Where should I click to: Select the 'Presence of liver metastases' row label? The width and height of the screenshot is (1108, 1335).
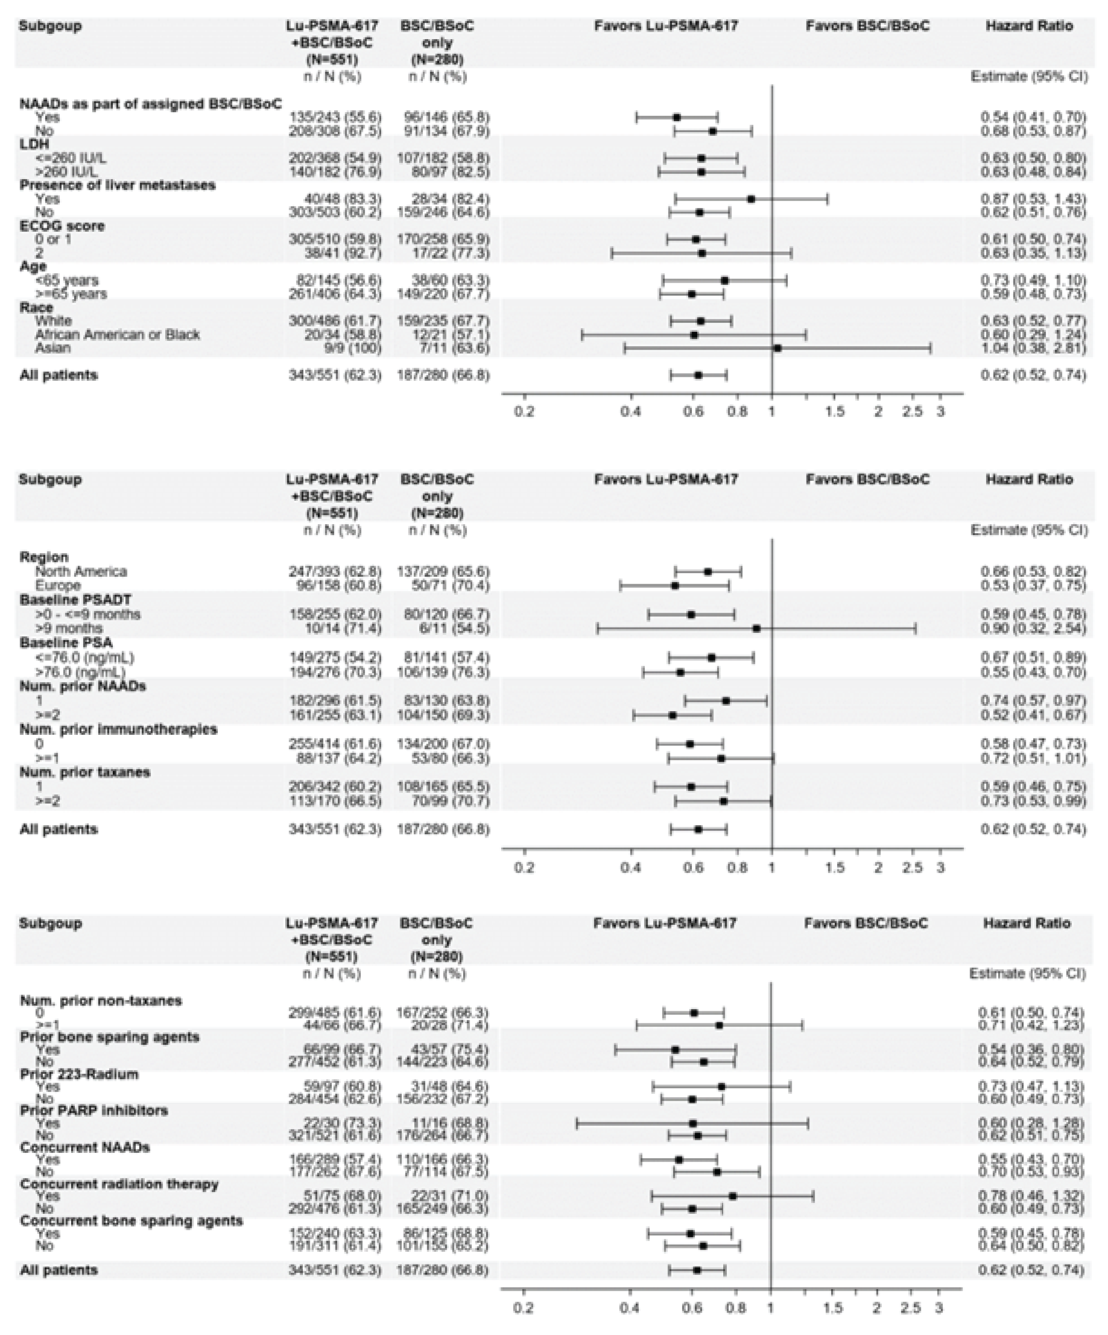click(x=117, y=185)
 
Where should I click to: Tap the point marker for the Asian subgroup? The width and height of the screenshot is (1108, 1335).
click(x=777, y=347)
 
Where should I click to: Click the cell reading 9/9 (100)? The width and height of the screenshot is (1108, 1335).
click(x=335, y=347)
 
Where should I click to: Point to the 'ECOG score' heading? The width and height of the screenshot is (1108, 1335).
click(x=62, y=226)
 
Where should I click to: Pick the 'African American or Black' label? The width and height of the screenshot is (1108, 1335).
click(x=117, y=334)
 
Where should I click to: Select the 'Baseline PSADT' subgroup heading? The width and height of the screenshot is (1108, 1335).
click(x=75, y=600)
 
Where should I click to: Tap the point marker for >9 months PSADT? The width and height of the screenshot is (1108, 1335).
click(x=756, y=628)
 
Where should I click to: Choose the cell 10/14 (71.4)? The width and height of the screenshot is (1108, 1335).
click(x=335, y=628)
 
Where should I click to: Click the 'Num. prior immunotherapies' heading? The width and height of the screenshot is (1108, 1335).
click(x=118, y=729)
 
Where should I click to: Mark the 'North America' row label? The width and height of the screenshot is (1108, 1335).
click(x=81, y=571)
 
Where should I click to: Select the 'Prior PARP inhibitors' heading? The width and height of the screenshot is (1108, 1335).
click(x=93, y=1110)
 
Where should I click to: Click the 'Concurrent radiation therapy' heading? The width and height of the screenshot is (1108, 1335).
click(x=119, y=1184)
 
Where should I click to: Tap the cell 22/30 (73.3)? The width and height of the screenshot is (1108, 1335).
click(x=335, y=1123)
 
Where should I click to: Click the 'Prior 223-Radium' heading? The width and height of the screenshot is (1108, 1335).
click(x=79, y=1074)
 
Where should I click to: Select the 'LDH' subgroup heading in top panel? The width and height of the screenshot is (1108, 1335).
click(x=34, y=144)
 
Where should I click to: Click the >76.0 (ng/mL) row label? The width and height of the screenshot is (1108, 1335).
click(x=80, y=672)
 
